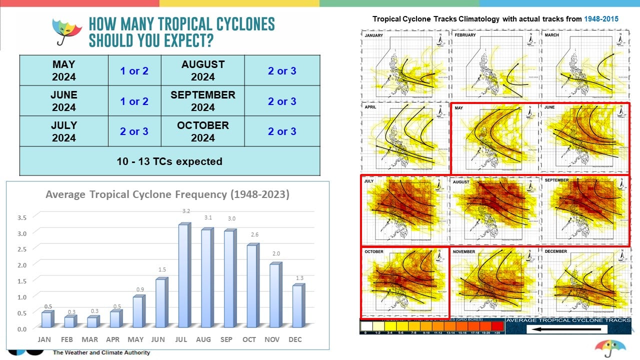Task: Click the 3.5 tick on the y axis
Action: coord(22,217)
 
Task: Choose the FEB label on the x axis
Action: coord(67,339)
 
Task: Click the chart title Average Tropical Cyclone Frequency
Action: coord(167,194)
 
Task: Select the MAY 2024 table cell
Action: coord(63,70)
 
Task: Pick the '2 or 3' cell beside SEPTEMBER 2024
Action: coord(282,101)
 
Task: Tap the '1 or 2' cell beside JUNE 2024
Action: coord(134,101)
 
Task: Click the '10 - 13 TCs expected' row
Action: coord(169,161)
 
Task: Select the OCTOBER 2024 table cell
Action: coord(202,131)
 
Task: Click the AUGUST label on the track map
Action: coord(461,182)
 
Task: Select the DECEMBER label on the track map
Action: coord(555,251)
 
